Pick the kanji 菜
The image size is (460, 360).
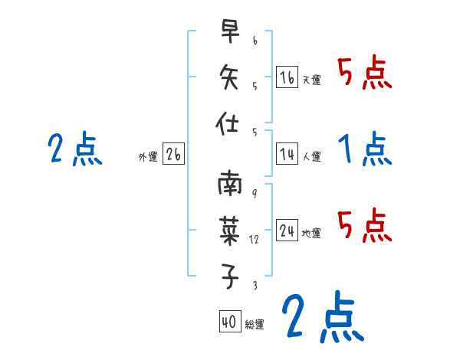coord(230,231)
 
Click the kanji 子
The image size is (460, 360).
coord(230,276)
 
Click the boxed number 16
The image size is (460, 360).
coord(287,77)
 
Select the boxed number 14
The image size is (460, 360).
coord(287,155)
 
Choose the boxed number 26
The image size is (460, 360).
coord(173,155)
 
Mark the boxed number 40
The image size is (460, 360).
coord(228,322)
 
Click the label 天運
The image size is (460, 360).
coord(311,80)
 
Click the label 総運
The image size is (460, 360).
coord(254,325)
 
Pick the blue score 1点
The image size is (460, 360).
coord(365,149)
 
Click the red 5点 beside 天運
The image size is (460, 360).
coord(364,74)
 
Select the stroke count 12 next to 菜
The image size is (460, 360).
coord(255,239)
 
